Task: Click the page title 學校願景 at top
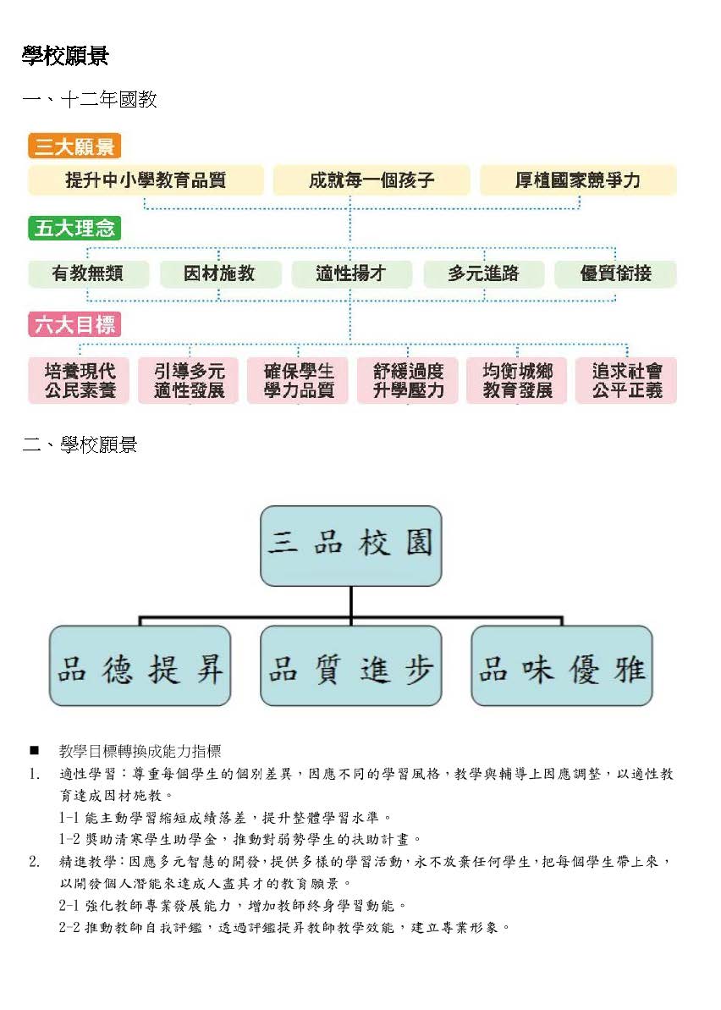[x=65, y=56]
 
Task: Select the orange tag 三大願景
[x=74, y=146]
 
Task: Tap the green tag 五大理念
[x=74, y=228]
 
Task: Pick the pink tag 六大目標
[x=74, y=324]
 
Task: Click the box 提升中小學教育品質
[x=146, y=179]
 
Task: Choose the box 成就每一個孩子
[x=372, y=179]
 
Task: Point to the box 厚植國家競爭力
[x=578, y=179]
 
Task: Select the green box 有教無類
[x=88, y=273]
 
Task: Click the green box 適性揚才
[x=351, y=273]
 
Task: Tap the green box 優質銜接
[x=615, y=273]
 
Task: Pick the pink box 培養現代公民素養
[x=80, y=381]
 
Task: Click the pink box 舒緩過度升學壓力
[x=408, y=381]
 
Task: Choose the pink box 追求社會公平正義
[x=626, y=381]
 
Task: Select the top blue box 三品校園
[x=351, y=545]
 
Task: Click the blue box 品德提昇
[x=140, y=665]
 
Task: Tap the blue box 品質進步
[x=351, y=665]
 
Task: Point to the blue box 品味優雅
[x=562, y=665]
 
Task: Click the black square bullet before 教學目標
[x=34, y=751]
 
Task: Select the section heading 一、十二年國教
[x=90, y=100]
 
